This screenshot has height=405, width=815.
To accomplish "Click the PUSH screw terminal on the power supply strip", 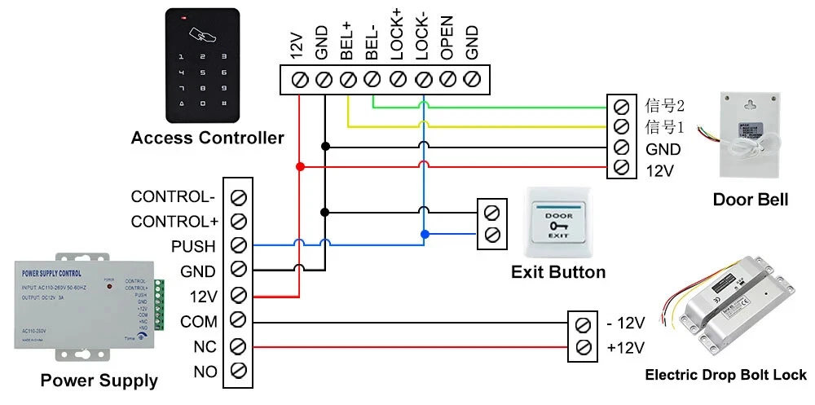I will tap(239, 246).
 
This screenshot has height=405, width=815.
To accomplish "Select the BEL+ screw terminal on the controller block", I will tap(348, 79).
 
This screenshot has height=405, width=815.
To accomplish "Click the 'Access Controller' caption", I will tap(207, 138).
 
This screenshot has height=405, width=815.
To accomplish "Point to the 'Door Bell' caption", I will tap(750, 200).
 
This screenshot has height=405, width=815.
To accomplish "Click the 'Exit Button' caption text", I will tap(558, 272).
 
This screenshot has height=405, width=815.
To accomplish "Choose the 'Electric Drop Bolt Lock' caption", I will tap(725, 376).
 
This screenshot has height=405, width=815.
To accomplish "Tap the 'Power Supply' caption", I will tap(99, 381).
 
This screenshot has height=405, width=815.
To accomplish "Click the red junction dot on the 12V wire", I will tap(299, 166).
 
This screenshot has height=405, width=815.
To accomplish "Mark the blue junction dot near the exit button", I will tap(423, 235).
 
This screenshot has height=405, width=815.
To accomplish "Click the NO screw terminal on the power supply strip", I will tap(239, 372).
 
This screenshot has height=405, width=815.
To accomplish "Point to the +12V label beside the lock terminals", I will tap(626, 349).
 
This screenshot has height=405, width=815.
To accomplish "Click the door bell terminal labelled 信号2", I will tap(621, 106).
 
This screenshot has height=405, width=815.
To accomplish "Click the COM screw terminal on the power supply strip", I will tap(239, 321).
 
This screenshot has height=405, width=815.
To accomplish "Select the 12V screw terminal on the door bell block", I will tap(621, 168).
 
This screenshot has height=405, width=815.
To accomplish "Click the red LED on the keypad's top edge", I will tap(185, 16).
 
